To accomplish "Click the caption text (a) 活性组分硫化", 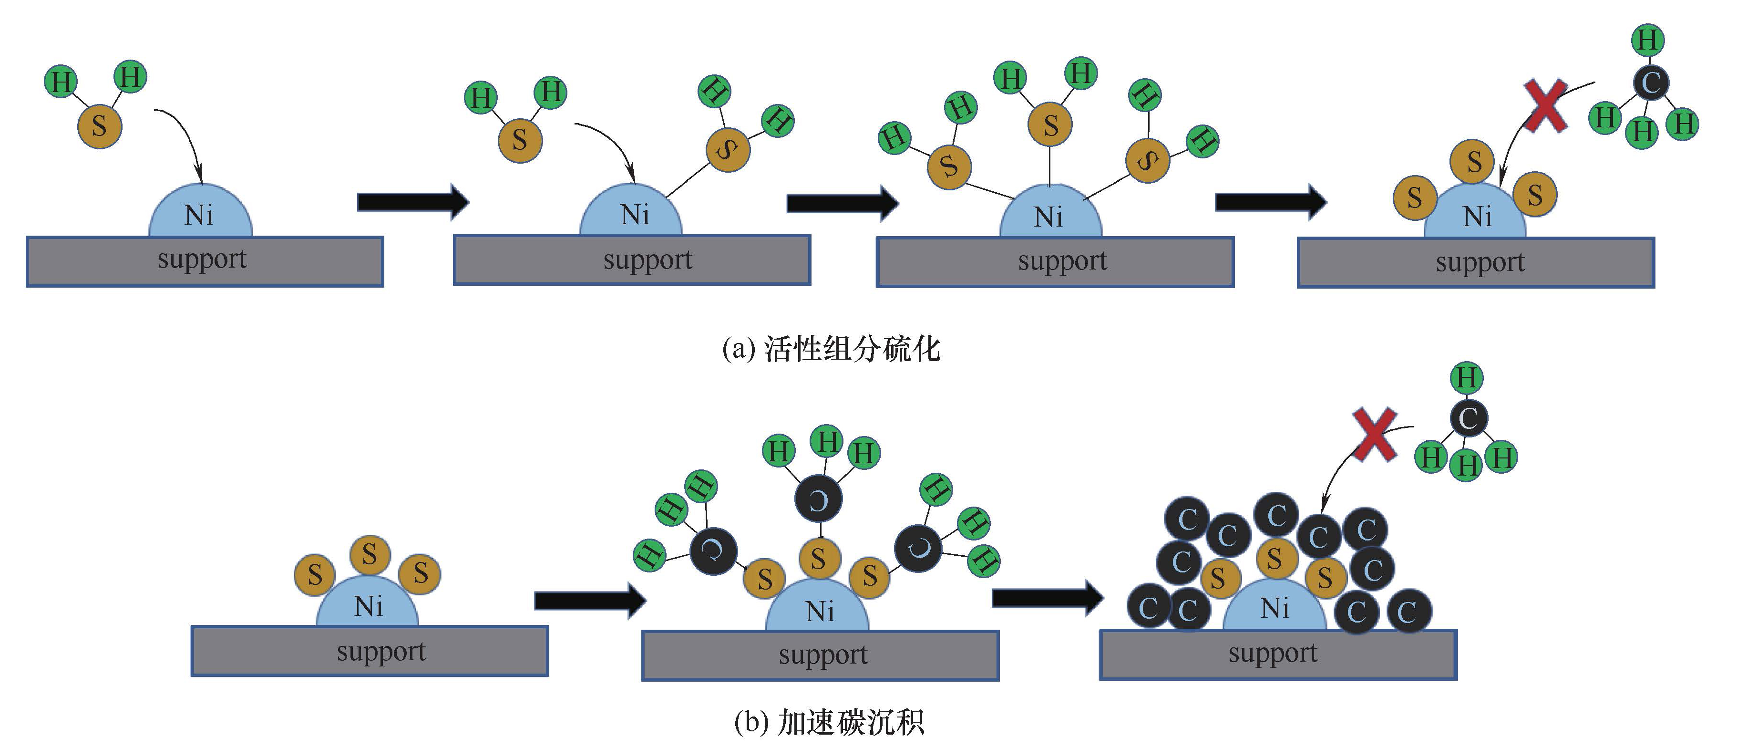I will tap(831, 349).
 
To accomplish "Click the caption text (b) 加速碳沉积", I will tap(829, 722).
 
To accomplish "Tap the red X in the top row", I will tap(1545, 106).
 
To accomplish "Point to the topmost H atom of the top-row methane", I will tap(1647, 40).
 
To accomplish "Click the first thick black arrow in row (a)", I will tap(412, 201).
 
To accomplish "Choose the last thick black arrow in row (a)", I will tap(1270, 201).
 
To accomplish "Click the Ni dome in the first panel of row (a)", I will tap(200, 214).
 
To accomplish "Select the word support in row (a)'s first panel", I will tap(202, 260).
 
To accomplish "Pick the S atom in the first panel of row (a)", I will tap(99, 126).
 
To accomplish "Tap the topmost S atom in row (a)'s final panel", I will tap(1474, 162).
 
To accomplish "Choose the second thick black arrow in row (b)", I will tap(1047, 596).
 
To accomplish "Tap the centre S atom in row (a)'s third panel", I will tap(1050, 125).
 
